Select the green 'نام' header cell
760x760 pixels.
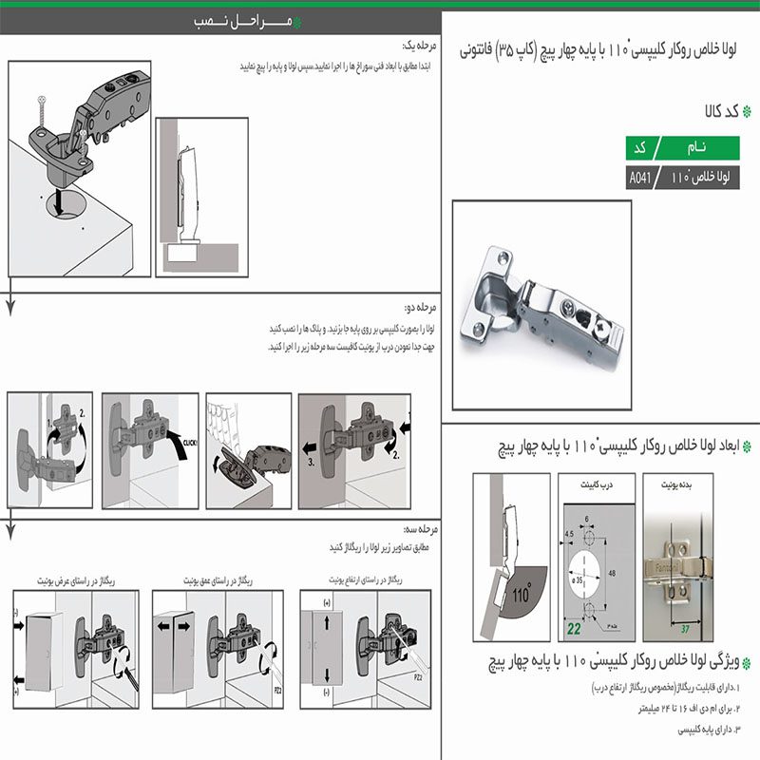[x=695, y=149]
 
